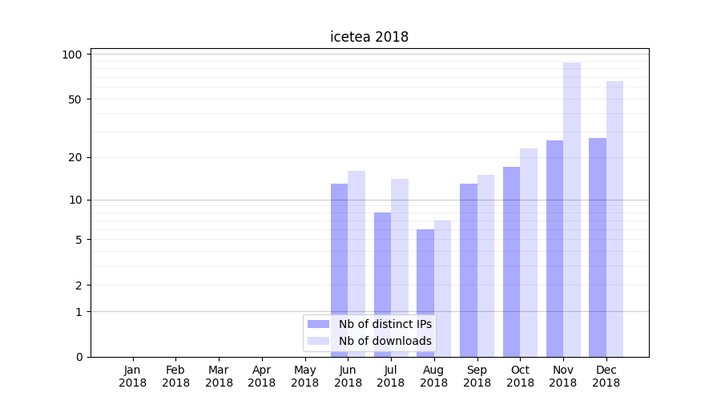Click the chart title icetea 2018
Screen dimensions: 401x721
click(369, 37)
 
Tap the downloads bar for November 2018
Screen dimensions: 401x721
click(572, 209)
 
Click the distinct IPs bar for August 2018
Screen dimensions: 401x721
click(425, 293)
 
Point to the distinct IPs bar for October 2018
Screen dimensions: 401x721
click(511, 261)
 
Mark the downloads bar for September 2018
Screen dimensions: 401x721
click(485, 265)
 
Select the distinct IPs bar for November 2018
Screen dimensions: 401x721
click(554, 249)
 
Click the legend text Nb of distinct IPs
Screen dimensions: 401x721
click(385, 324)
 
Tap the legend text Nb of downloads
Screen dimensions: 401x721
click(385, 341)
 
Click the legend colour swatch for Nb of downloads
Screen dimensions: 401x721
click(319, 341)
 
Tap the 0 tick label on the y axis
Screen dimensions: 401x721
click(79, 357)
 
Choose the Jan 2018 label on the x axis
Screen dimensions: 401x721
click(133, 376)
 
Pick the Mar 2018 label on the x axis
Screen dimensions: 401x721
click(219, 376)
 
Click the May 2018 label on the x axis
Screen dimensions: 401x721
click(305, 376)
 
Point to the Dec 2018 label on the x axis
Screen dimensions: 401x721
click(606, 376)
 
